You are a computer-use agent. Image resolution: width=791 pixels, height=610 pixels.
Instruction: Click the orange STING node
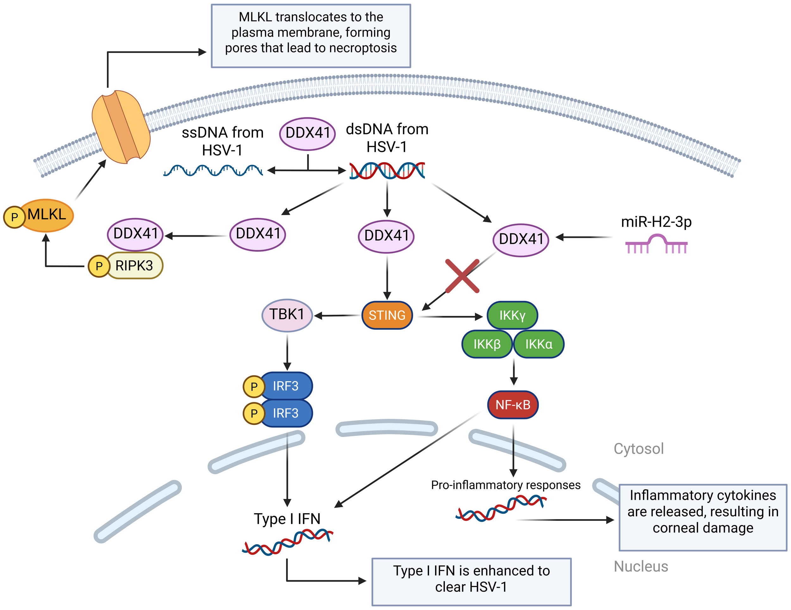click(x=387, y=315)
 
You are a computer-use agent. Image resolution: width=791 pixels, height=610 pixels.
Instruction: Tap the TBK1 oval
click(x=287, y=315)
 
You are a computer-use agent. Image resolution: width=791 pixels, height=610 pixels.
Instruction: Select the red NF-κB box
click(x=513, y=405)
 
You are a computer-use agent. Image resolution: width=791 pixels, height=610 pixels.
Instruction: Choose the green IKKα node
click(x=539, y=344)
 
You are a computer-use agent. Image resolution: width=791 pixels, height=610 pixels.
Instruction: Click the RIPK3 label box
click(x=134, y=265)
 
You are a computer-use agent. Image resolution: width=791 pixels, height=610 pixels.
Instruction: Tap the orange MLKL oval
click(x=47, y=215)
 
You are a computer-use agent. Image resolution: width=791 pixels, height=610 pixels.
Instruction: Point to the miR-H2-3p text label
click(x=656, y=222)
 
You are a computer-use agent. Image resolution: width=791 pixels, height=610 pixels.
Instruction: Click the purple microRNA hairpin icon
click(x=656, y=244)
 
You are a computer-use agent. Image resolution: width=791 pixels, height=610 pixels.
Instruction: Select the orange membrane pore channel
click(x=121, y=127)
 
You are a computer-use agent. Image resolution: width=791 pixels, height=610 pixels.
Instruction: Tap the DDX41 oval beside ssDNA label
click(x=307, y=133)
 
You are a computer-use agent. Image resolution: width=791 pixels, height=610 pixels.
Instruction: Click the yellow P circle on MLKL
click(x=14, y=217)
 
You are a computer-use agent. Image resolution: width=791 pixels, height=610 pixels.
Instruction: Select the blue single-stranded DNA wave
click(x=213, y=170)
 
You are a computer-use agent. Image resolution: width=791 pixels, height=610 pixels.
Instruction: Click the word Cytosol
click(x=638, y=448)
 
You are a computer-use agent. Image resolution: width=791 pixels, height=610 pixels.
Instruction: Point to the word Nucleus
click(x=640, y=566)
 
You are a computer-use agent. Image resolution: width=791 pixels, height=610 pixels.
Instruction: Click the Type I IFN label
click(x=287, y=519)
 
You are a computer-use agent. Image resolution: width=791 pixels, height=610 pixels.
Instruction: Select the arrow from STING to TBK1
click(x=337, y=316)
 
